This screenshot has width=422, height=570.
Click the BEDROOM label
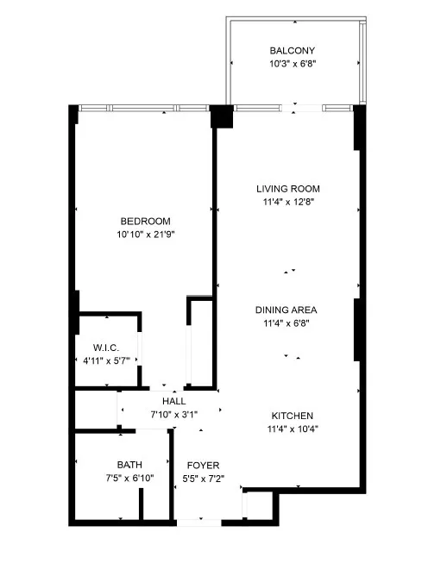145,221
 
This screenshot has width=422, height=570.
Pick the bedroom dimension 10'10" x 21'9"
145,235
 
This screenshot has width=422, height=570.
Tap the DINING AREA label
287,310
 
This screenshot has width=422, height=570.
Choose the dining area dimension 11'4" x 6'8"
287,324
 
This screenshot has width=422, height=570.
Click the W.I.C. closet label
108,348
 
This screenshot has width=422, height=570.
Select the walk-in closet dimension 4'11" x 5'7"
108,362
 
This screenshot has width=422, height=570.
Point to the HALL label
173,401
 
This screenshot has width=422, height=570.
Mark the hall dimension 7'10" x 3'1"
173,415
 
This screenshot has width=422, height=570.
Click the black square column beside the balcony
222,116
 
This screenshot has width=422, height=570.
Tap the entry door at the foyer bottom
198,521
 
